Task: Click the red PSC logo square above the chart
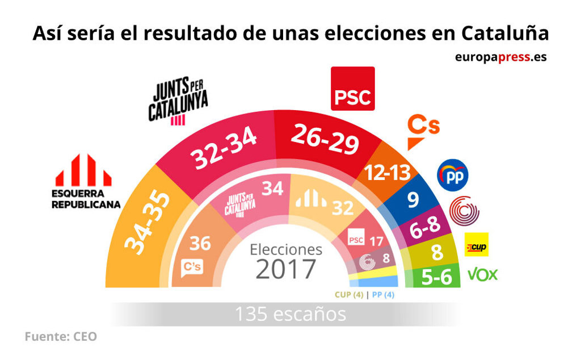coord(352,89)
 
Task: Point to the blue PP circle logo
coord(452,175)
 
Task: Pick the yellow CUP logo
coord(476,245)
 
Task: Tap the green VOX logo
coord(482,275)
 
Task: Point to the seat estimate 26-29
coord(325,140)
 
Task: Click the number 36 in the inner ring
coord(200,244)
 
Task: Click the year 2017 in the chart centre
coord(285,269)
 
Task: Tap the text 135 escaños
coord(290,314)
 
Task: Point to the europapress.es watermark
coord(500,57)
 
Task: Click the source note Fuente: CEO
coord(61,337)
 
